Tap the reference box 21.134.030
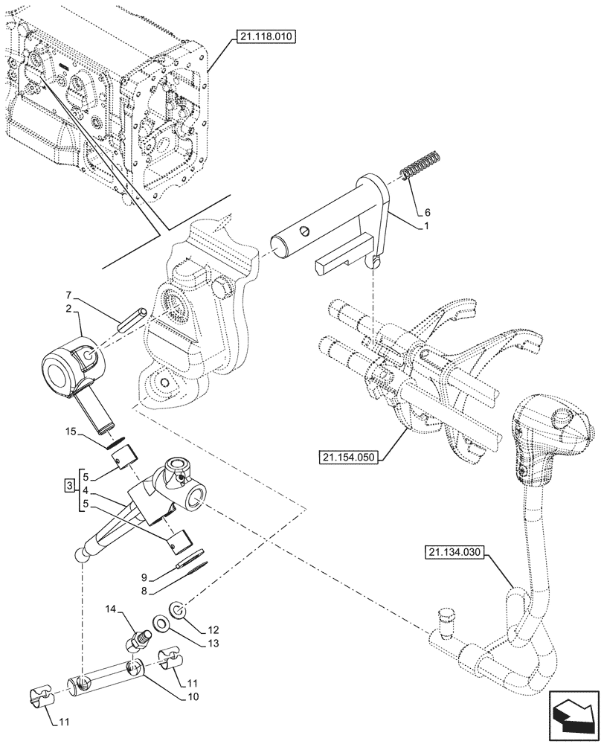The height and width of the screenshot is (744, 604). [x=456, y=552]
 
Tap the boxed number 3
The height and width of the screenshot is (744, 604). [x=68, y=486]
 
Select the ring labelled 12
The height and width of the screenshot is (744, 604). [x=178, y=610]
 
